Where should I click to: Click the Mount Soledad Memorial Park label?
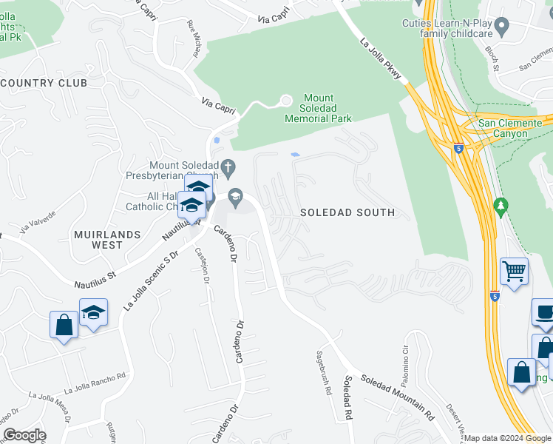pyautogui.click(x=318, y=108)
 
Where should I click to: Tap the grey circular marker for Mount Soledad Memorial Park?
pyautogui.click(x=286, y=101)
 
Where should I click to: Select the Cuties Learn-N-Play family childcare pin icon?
pyautogui.click(x=502, y=29)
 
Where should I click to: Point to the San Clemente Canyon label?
pyautogui.click(x=514, y=128)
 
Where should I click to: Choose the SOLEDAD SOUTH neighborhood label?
pyautogui.click(x=347, y=212)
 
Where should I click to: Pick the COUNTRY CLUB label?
pyautogui.click(x=44, y=83)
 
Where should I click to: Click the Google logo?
pyautogui.click(x=24, y=435)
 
